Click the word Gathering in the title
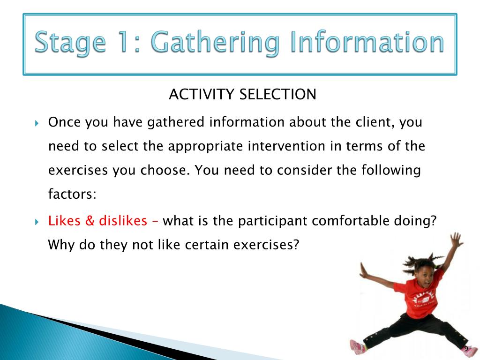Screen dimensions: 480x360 [215, 43]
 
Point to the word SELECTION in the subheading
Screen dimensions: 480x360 [277, 94]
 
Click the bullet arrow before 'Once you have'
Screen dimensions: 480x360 [37, 123]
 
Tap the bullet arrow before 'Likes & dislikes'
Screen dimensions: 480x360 [37, 222]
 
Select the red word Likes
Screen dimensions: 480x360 [64, 220]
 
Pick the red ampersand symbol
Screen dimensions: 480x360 [90, 221]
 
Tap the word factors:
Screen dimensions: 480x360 [72, 194]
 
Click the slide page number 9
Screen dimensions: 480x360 [466, 349]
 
